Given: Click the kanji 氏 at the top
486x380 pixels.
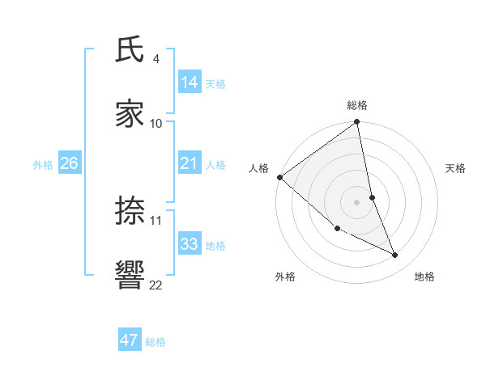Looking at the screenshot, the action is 130,50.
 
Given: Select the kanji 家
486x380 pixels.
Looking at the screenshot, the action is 130,114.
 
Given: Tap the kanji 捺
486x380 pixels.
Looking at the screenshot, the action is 130,211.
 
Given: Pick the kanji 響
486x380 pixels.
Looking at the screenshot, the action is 130,275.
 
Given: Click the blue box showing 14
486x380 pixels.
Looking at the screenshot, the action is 190,82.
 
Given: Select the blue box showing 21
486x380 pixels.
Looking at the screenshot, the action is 190,163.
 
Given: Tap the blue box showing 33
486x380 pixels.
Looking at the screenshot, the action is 190,243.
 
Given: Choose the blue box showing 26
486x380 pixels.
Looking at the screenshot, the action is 70,163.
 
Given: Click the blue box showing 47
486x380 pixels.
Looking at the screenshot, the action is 130,340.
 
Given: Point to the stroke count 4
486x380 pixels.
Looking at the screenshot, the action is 156,59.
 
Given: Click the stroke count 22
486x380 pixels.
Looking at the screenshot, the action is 156,285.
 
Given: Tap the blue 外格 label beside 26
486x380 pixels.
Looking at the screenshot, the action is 43,165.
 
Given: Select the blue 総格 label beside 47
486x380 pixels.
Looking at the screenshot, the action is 156,342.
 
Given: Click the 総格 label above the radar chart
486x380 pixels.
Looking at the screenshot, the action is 357,105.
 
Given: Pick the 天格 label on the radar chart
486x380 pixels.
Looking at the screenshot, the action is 455,168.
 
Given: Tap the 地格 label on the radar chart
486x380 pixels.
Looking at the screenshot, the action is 424,277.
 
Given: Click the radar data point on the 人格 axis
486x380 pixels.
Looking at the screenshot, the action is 279,177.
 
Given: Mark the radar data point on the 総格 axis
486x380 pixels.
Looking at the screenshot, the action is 357,122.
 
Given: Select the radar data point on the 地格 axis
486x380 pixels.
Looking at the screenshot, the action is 395,255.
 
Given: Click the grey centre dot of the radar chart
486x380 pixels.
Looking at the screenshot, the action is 357,202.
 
